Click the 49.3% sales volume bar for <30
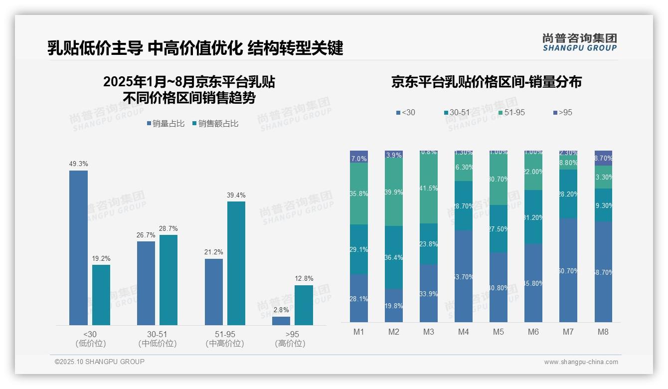point(78,248)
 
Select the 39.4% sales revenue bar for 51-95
point(236,263)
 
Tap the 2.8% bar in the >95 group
point(281,321)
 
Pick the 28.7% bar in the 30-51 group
point(168,280)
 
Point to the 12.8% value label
point(304,279)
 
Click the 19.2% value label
point(101,258)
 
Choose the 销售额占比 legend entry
point(215,124)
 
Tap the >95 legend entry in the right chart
point(563,113)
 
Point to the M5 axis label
point(499,332)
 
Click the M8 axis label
point(603,332)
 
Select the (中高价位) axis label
point(225,344)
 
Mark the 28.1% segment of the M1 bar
point(359,298)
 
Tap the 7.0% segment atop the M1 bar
point(359,157)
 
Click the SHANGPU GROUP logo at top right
point(579,42)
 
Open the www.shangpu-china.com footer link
point(581,362)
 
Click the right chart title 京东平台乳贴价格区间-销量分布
point(486,82)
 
